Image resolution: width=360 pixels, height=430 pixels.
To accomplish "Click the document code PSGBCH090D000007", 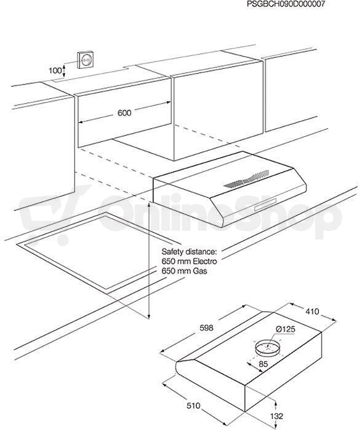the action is click(x=286, y=4).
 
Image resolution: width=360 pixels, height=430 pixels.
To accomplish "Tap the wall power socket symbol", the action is click(x=85, y=60).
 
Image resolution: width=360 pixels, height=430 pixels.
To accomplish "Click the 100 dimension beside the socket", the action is click(x=55, y=71).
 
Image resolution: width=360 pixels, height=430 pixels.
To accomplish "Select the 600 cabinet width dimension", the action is click(x=125, y=112).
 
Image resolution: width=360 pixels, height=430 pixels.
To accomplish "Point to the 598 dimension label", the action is click(x=206, y=327).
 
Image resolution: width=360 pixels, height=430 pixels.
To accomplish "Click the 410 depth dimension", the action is click(x=312, y=311).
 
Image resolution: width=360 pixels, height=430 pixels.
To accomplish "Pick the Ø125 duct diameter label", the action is click(x=286, y=329).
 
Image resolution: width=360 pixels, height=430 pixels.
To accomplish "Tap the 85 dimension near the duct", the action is click(x=263, y=364).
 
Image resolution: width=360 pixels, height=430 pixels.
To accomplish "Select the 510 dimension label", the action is click(x=194, y=405).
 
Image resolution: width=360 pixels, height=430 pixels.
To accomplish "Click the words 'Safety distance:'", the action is click(x=189, y=252).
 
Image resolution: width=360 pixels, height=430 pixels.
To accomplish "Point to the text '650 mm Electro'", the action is click(x=189, y=261).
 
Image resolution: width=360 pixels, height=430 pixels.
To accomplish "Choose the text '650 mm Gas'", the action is click(x=184, y=271).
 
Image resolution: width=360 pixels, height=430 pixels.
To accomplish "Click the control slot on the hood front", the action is click(x=265, y=205).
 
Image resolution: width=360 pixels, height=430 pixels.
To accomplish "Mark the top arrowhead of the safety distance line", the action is click(x=149, y=205).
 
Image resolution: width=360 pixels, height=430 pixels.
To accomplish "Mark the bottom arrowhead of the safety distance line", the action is click(x=149, y=318).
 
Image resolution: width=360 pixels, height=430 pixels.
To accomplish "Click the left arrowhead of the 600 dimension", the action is click(x=82, y=122).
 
